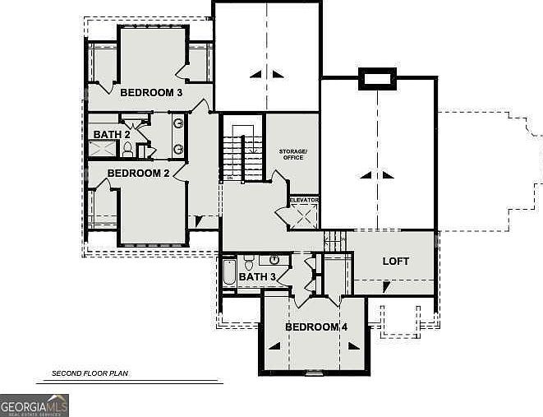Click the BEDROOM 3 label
coord(151,93)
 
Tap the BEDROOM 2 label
coord(138,174)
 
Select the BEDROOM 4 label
coord(316,327)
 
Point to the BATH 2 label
coord(112,135)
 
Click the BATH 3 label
coord(257,277)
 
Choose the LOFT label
coord(396,262)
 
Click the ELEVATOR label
coord(303,200)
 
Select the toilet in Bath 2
coord(127,150)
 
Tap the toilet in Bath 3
coord(249,264)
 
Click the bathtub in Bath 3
coord(229,272)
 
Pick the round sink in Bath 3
coord(274,261)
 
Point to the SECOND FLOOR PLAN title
coord(90,373)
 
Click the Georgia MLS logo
coord(35,405)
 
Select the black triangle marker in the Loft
coord(386,285)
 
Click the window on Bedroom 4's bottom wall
coord(315,373)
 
